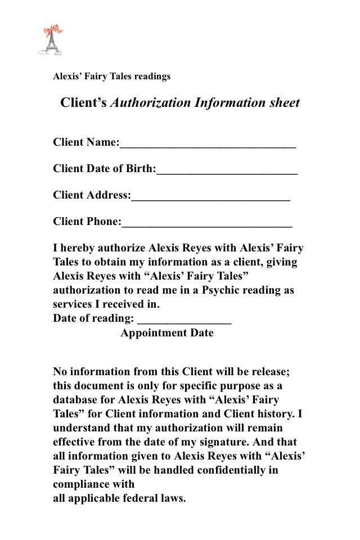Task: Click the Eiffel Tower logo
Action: click(x=50, y=40)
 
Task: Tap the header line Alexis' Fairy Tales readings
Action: click(x=111, y=76)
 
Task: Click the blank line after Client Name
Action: click(x=208, y=144)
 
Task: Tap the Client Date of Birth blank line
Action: click(x=227, y=170)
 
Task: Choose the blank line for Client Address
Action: click(x=210, y=197)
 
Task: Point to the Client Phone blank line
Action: click(x=206, y=223)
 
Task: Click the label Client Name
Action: click(x=85, y=142)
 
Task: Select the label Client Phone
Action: click(x=86, y=222)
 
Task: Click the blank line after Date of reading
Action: click(x=184, y=321)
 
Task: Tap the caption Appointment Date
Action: click(x=167, y=333)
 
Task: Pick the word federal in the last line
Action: click(x=137, y=498)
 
